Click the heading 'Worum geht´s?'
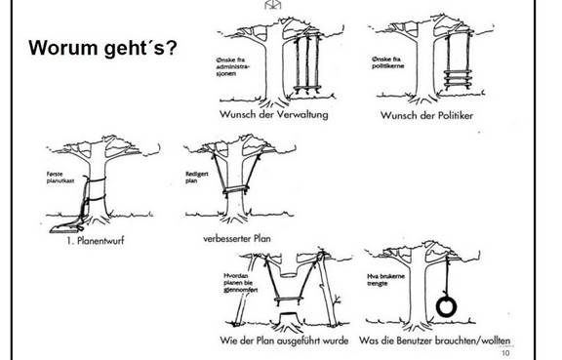tap(102, 48)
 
